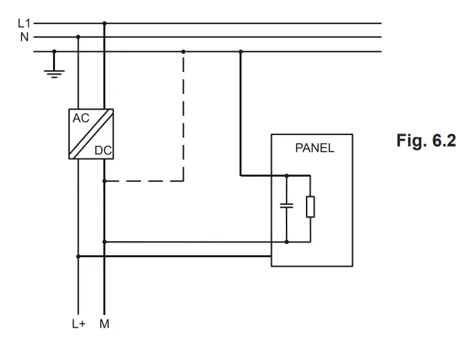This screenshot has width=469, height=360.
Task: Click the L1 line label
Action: click(x=23, y=23)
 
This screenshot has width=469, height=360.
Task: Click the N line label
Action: click(x=25, y=37)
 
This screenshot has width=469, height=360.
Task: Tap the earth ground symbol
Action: click(x=55, y=71)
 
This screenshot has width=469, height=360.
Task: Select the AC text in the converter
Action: click(x=81, y=118)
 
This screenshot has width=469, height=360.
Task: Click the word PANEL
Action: click(x=314, y=148)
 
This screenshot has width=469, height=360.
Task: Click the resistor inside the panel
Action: click(x=310, y=208)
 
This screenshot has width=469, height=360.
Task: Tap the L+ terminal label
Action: click(x=79, y=323)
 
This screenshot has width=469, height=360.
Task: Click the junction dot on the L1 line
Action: click(x=104, y=24)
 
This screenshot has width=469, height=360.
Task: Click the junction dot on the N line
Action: click(x=79, y=37)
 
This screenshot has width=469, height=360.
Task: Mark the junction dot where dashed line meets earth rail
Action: click(x=184, y=51)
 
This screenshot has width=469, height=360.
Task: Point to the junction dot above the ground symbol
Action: click(x=55, y=51)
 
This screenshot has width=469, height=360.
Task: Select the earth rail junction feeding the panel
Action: click(x=241, y=51)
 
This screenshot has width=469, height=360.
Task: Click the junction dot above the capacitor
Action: click(x=287, y=176)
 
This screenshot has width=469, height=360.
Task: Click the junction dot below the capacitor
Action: click(x=287, y=241)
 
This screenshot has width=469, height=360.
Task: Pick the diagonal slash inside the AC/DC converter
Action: click(x=91, y=134)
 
